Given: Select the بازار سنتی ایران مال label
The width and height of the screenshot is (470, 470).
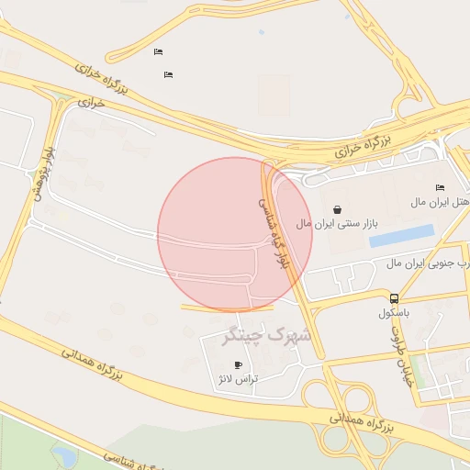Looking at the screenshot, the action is coord(337,223).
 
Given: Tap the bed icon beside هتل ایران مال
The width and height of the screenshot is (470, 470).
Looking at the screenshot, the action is coord(439,187).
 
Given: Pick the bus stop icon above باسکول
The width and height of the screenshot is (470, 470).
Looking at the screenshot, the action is coord(394,298).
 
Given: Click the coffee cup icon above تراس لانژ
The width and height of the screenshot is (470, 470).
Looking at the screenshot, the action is coord(239,364).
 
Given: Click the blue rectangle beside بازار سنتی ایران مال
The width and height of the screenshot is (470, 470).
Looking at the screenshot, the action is coord(401,236).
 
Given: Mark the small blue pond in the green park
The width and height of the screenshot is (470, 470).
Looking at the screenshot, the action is coord(65,455).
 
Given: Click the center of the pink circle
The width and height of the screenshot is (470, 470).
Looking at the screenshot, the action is coord(235,234).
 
